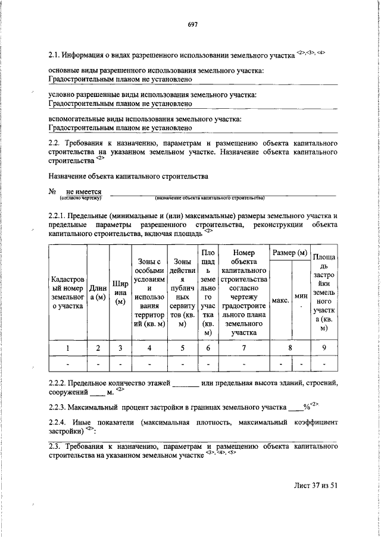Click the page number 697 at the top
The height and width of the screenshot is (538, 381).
192,24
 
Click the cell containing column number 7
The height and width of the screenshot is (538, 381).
244,348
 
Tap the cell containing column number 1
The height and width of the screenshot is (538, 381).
68,348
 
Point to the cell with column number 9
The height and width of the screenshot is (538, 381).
323,348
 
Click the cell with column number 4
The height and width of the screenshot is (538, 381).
148,348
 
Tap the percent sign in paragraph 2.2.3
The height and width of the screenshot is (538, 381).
307,407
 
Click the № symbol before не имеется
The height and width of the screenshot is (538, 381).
52,192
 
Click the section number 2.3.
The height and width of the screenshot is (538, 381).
54,445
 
